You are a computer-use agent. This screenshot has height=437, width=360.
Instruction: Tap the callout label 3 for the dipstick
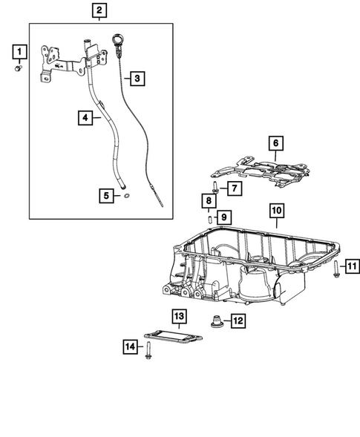(135, 78)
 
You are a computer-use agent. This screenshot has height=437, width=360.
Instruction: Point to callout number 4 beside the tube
(87, 117)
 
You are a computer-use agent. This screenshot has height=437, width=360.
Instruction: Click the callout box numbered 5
(108, 196)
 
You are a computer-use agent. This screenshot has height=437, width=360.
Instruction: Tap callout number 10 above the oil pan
(209, 201)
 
